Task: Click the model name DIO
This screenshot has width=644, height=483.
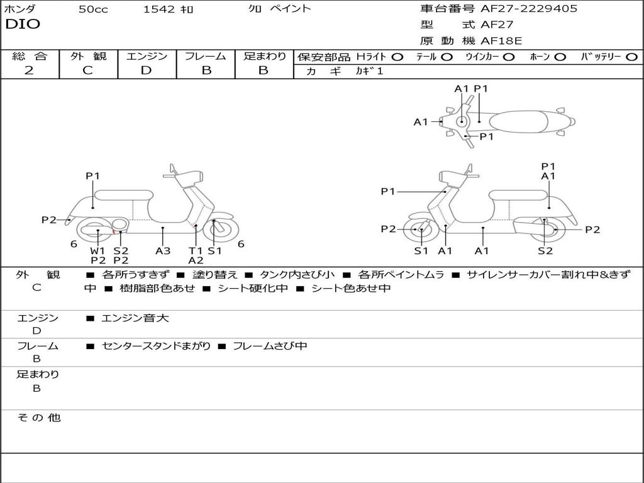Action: click(23, 25)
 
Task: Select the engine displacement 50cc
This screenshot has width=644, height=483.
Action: click(93, 9)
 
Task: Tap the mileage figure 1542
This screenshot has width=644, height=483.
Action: click(159, 9)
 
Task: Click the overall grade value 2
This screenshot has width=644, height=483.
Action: click(29, 70)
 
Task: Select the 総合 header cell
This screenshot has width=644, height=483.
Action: click(30, 56)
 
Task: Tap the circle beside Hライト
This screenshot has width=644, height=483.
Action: click(397, 57)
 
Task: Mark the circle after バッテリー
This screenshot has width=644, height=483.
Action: click(631, 57)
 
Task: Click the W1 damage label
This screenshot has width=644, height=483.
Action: click(97, 250)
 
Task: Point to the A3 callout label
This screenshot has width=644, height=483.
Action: click(163, 250)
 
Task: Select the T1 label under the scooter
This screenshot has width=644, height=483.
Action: click(196, 250)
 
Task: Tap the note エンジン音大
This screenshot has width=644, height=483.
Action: click(135, 318)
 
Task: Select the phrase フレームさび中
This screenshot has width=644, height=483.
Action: click(270, 346)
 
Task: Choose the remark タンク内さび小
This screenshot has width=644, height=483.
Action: click(292, 275)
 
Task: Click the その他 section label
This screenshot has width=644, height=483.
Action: click(38, 418)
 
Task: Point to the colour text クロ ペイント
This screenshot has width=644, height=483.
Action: click(279, 9)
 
